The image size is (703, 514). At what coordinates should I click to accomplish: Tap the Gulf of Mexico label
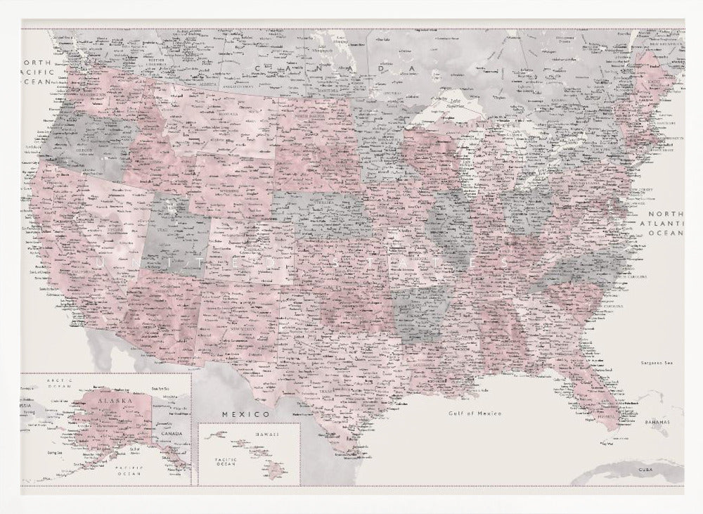pos(475,413)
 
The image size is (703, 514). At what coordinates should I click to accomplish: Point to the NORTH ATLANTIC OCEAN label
pos(665,223)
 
